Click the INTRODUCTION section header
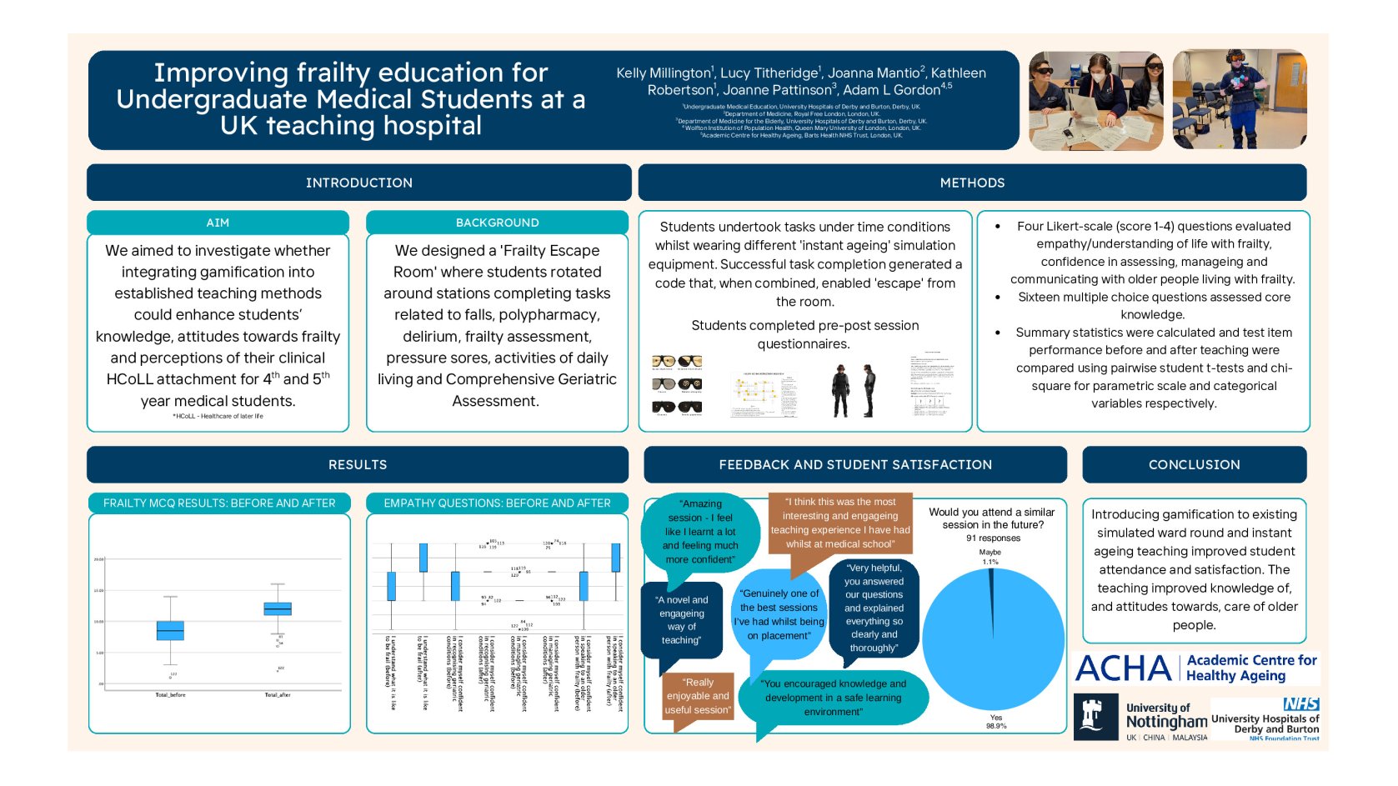click(358, 183)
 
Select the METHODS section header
click(972, 183)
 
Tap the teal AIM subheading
click(218, 223)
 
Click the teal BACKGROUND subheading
click(497, 223)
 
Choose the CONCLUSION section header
click(1194, 464)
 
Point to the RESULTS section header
click(358, 464)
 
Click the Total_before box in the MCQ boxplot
click(170, 630)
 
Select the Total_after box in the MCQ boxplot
click(278, 608)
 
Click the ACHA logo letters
click(1124, 668)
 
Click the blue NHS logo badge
click(1300, 704)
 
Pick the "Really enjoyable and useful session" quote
click(698, 696)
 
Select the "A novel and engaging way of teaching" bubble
click(682, 620)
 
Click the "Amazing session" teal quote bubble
click(700, 531)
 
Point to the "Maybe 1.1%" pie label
click(990, 557)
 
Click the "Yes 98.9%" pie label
click(996, 722)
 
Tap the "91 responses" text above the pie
click(993, 538)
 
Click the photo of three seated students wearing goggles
click(1095, 100)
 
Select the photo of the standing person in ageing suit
click(1239, 100)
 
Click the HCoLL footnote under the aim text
click(218, 416)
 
